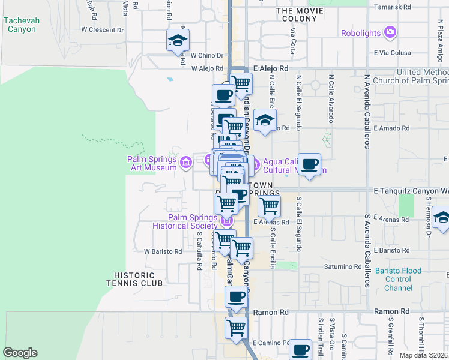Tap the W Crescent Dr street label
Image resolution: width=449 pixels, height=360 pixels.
click(x=102, y=29)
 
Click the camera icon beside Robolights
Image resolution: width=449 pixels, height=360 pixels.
click(x=390, y=32)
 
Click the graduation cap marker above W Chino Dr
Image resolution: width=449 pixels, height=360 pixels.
click(x=178, y=40)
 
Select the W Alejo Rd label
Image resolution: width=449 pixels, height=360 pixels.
click(x=207, y=69)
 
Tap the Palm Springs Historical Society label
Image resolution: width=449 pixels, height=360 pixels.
click(x=184, y=221)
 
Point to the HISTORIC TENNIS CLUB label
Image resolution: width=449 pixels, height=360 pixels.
click(x=134, y=278)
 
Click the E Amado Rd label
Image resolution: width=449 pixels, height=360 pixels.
click(x=391, y=128)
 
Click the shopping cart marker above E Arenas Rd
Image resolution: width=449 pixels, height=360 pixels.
click(x=269, y=206)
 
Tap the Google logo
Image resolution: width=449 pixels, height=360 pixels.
click(x=20, y=353)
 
